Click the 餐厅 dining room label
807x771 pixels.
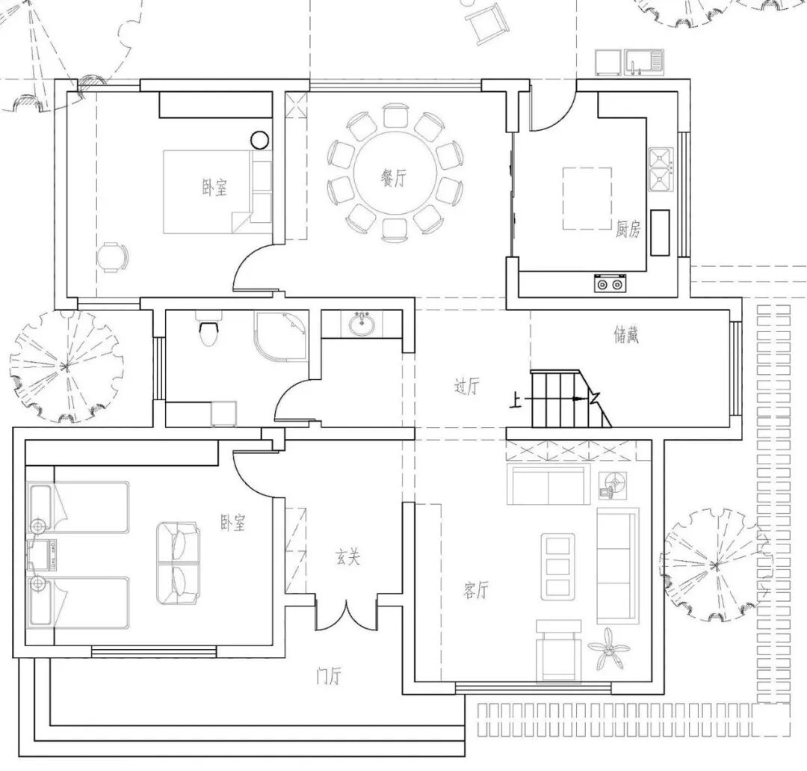tap(393, 178)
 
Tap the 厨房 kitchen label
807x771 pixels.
tap(628, 230)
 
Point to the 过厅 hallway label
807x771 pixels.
tap(467, 387)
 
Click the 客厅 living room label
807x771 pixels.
tap(475, 591)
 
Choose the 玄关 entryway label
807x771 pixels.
tap(347, 557)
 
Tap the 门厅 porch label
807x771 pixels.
tap(329, 677)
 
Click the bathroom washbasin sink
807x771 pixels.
tap(362, 325)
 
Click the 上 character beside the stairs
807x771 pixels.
tap(516, 401)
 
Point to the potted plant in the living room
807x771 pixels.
tap(607, 648)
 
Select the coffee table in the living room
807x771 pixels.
tap(558, 565)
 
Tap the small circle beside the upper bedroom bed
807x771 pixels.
tap(259, 139)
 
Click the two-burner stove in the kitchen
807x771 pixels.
tap(609, 283)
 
